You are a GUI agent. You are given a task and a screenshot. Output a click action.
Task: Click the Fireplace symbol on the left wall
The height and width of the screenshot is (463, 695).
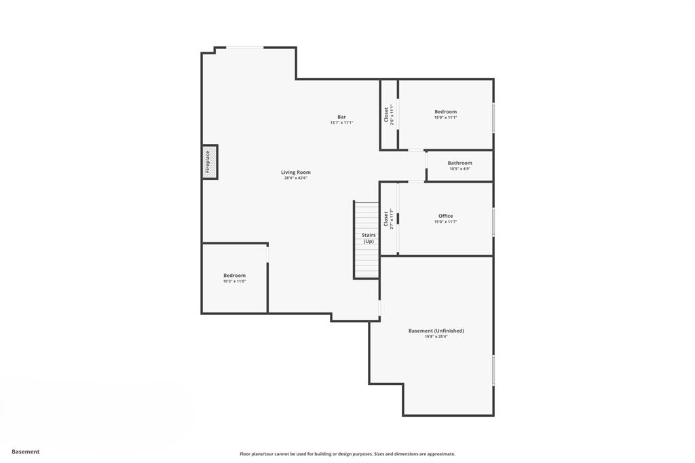(x=210, y=162)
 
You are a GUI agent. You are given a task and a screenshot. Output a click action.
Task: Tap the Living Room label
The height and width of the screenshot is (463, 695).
(x=296, y=172)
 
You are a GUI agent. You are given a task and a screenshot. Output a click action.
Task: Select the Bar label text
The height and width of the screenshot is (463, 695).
(x=341, y=117)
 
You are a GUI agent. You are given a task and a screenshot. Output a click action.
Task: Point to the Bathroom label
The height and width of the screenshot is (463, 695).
(x=459, y=163)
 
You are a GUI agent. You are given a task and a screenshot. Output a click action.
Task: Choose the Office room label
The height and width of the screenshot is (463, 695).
(x=445, y=216)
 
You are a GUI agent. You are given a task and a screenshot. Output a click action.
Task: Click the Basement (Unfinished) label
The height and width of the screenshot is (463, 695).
(x=436, y=331)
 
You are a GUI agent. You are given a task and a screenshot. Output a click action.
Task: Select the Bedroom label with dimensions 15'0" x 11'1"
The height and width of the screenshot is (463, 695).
(x=445, y=111)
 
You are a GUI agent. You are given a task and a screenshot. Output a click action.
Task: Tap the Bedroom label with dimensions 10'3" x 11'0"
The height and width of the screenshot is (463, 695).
(x=234, y=275)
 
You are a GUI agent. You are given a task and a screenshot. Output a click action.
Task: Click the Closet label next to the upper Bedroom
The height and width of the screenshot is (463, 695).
(x=387, y=114)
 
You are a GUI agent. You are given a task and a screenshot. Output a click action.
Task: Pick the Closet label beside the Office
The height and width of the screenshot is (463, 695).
(x=386, y=219)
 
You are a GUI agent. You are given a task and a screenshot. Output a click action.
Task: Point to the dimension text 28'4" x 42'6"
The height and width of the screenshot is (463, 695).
(x=296, y=179)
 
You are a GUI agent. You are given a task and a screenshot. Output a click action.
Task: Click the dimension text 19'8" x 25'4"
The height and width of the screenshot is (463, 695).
(x=436, y=337)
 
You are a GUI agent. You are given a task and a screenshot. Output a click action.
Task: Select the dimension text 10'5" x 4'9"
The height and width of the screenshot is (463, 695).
(x=459, y=169)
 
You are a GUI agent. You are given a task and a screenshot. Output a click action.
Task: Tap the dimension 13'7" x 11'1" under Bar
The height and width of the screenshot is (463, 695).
(x=341, y=123)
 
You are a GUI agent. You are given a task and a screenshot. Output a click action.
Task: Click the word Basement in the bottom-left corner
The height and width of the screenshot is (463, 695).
(x=26, y=451)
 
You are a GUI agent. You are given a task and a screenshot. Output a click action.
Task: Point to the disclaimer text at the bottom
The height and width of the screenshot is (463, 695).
(x=347, y=454)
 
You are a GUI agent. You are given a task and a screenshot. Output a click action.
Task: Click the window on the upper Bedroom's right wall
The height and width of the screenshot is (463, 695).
(x=493, y=117)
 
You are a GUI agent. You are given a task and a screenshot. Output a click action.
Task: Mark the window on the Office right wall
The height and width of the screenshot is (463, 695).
(x=493, y=221)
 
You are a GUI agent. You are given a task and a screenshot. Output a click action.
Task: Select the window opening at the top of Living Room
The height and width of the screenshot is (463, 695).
(x=244, y=48)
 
